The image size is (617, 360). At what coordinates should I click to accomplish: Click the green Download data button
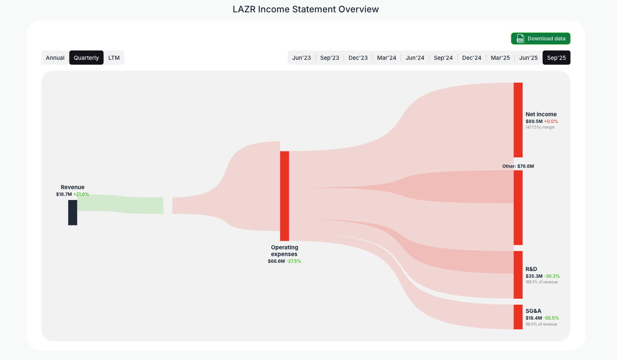click(540, 39)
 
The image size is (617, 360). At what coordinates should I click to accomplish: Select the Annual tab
click(55, 58)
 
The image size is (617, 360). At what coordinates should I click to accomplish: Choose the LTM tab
click(114, 58)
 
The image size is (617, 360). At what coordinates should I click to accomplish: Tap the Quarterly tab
click(86, 58)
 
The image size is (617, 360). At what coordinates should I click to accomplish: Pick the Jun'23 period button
click(302, 58)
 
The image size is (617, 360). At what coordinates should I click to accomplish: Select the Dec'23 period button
click(358, 58)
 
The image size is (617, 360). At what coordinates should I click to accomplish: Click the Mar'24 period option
click(386, 58)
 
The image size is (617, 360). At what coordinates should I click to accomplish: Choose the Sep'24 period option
click(443, 58)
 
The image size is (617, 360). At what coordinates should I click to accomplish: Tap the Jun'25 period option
click(528, 58)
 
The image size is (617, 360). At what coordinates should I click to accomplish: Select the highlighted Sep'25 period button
click(556, 58)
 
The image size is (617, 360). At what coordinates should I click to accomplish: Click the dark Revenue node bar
click(73, 212)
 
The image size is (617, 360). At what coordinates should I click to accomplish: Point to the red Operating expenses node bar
click(284, 196)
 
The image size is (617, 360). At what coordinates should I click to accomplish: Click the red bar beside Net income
click(518, 120)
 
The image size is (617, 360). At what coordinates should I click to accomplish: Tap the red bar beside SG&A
click(518, 317)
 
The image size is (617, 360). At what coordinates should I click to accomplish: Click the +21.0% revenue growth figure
click(81, 194)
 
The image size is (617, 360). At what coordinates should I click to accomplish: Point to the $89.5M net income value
click(534, 121)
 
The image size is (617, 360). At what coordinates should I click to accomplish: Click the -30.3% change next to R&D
click(552, 276)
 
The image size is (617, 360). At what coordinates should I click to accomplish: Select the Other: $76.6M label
click(518, 166)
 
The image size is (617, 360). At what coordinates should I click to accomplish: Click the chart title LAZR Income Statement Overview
click(306, 9)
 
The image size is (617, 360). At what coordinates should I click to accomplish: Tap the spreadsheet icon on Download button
click(520, 39)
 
